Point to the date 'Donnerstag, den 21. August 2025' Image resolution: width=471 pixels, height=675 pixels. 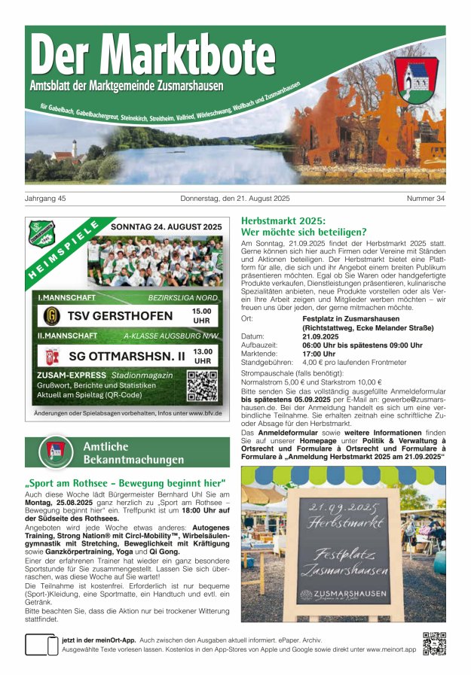(235, 199)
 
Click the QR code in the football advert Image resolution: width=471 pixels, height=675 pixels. (202, 385)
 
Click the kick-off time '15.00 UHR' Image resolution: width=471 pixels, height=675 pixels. (201, 315)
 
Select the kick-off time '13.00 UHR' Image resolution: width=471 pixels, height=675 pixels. (202, 356)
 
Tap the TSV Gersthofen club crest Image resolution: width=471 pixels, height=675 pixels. (52, 315)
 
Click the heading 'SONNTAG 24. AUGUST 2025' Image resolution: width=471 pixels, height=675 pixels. (166, 227)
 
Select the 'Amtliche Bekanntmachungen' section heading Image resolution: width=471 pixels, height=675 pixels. (133, 452)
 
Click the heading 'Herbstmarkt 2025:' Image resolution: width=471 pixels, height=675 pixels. (282, 220)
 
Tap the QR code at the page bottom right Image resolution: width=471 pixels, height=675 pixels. (434, 644)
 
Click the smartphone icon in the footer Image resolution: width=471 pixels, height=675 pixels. (41, 645)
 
